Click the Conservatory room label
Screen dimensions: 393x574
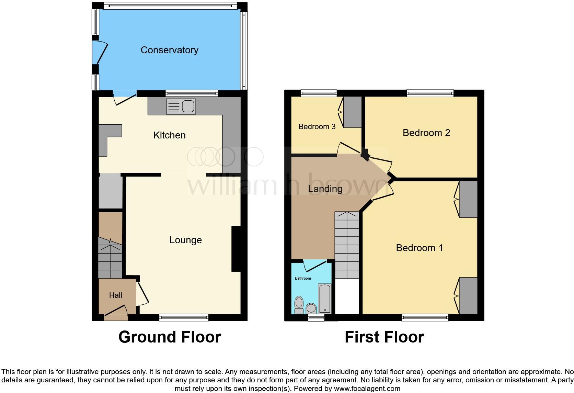coord(169,50)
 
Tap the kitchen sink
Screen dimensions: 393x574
coord(181,106)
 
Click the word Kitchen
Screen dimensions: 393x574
coord(169,135)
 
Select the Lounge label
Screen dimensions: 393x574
coord(185,240)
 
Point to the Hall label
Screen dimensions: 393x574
coord(116,295)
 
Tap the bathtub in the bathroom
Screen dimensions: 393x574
coord(325,299)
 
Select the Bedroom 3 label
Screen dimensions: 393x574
coord(317,127)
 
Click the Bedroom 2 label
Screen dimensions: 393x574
coord(426,133)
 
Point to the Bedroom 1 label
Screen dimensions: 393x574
coord(419,248)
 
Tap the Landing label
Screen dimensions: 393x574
coord(325,189)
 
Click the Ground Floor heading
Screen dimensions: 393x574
coord(170,337)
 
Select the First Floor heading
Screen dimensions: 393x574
coord(384,337)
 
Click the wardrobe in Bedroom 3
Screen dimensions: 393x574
coord(353,112)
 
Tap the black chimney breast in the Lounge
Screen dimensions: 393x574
coord(236,249)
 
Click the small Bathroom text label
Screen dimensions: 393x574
coord(303,278)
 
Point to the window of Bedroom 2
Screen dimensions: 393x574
coord(430,93)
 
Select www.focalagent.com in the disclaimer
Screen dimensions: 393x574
coord(367,389)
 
